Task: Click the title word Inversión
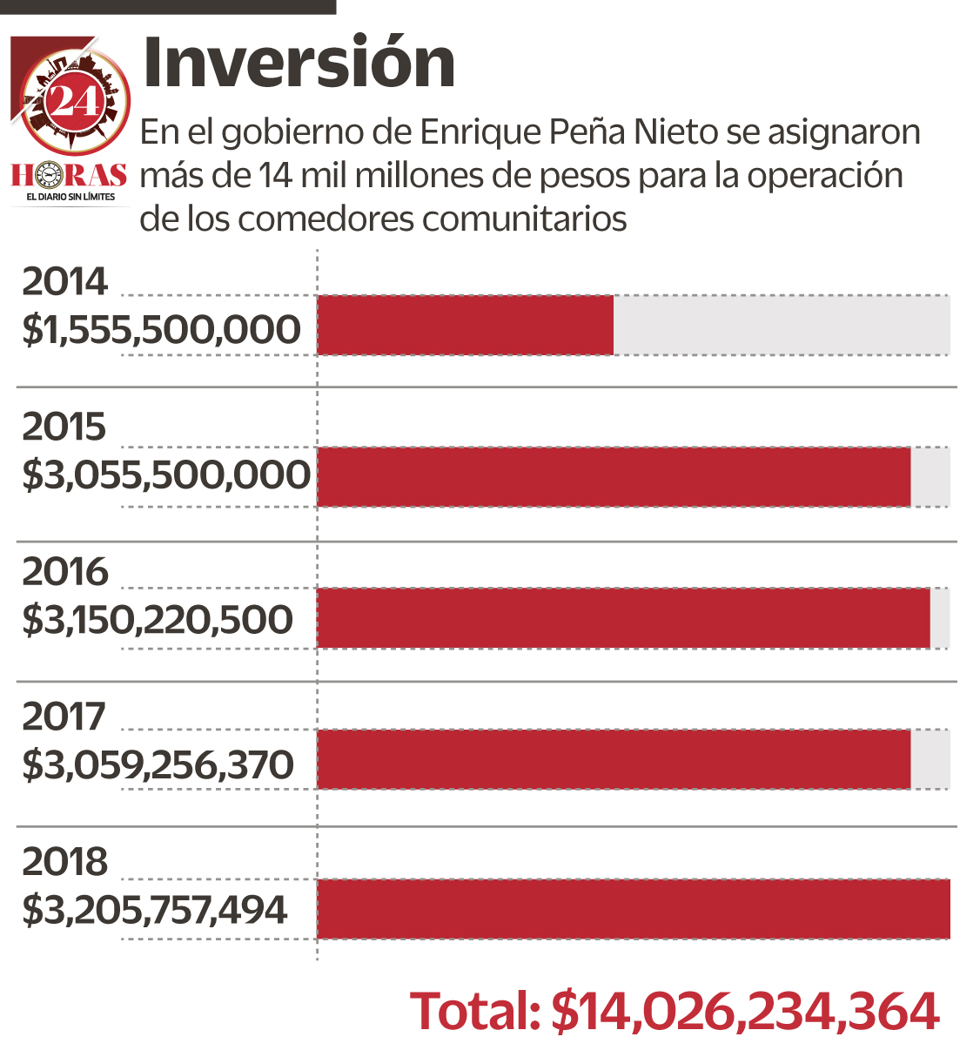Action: (x=299, y=63)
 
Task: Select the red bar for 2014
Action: (x=466, y=325)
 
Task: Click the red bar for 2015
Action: (x=614, y=476)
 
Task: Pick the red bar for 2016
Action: (x=623, y=618)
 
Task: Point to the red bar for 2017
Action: (x=614, y=759)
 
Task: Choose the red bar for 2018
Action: (x=634, y=909)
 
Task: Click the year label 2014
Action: (x=64, y=281)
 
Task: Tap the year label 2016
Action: (x=64, y=572)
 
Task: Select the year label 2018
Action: (x=64, y=862)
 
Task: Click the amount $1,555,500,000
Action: (x=162, y=330)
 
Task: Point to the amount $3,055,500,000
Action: (x=166, y=475)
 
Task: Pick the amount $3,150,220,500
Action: (x=158, y=620)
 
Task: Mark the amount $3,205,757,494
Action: (x=154, y=910)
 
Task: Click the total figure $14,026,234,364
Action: (x=746, y=1012)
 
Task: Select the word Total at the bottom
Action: (x=475, y=1012)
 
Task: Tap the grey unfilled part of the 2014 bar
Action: (x=782, y=325)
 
